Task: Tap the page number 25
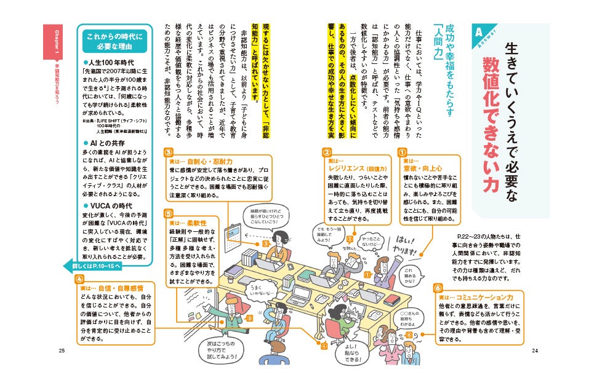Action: (x=62, y=350)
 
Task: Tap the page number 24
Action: (x=535, y=350)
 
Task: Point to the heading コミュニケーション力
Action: (x=479, y=297)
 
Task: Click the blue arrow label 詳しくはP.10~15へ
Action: (x=95, y=267)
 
